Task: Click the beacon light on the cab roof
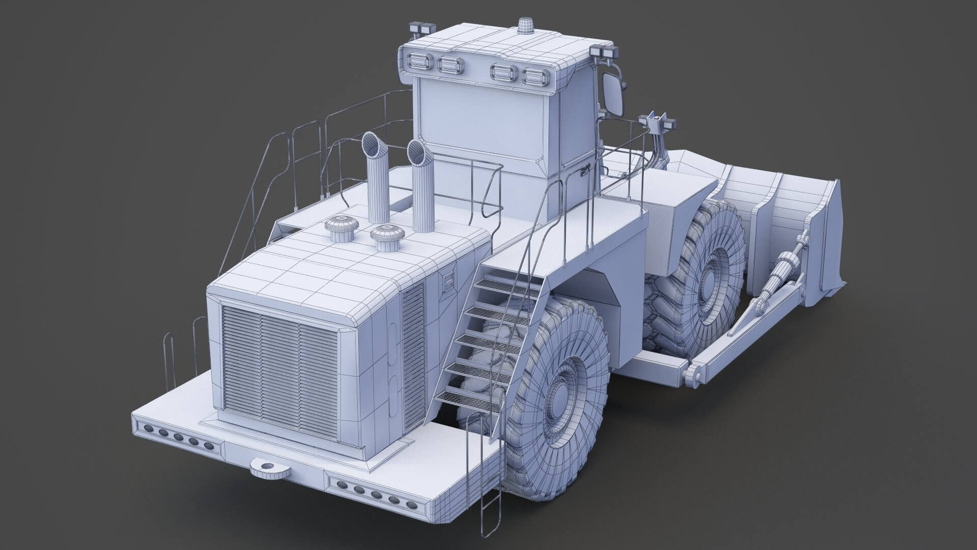click(x=524, y=25)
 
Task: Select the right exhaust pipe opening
click(x=417, y=152)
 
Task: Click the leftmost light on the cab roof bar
click(x=419, y=62)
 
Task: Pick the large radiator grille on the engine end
click(x=280, y=370)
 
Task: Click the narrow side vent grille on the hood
click(x=413, y=346)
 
